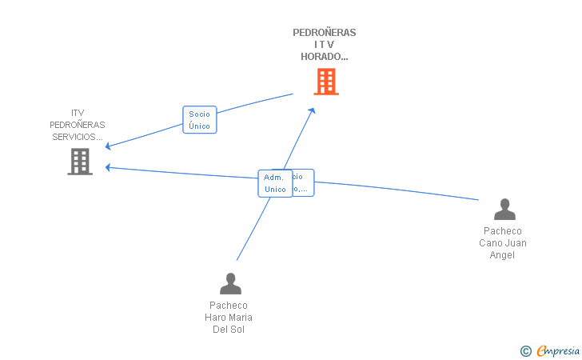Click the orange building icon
pyautogui.click(x=325, y=82)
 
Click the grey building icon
pyautogui.click(x=80, y=162)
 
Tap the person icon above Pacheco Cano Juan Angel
pyautogui.click(x=504, y=210)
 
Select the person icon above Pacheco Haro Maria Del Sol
pyautogui.click(x=230, y=284)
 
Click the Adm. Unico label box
pyautogui.click(x=275, y=183)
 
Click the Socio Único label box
pyautogui.click(x=199, y=120)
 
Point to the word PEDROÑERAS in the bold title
pyautogui.click(x=325, y=33)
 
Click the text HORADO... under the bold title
pyautogui.click(x=325, y=57)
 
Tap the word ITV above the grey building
pyautogui.click(x=78, y=113)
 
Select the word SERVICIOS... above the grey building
pyautogui.click(x=78, y=137)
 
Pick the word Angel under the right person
pyautogui.click(x=503, y=255)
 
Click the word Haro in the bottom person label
pyautogui.click(x=217, y=318)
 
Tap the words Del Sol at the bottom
pyautogui.click(x=229, y=330)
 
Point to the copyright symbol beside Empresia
pyautogui.click(x=525, y=350)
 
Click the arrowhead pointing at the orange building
pyautogui.click(x=312, y=110)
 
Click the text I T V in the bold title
pyautogui.click(x=325, y=45)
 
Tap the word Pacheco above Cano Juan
pyautogui.click(x=503, y=231)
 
